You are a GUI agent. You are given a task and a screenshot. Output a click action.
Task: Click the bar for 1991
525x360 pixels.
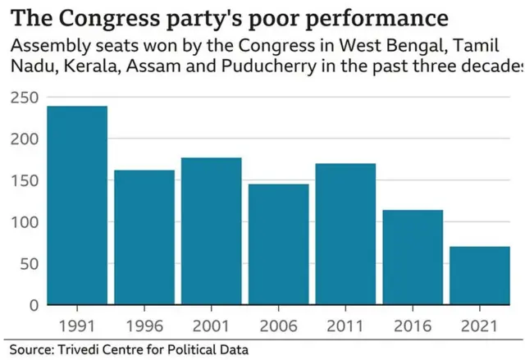click(77, 205)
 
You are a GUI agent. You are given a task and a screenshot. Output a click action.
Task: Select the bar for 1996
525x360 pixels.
click(144, 237)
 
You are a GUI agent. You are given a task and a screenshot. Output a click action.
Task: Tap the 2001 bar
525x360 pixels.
click(212, 230)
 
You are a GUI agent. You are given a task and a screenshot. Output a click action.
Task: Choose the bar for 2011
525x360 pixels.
click(345, 234)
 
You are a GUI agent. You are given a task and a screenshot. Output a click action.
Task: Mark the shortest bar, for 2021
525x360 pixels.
click(480, 276)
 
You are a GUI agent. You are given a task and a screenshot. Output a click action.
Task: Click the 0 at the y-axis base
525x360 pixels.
click(34, 306)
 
